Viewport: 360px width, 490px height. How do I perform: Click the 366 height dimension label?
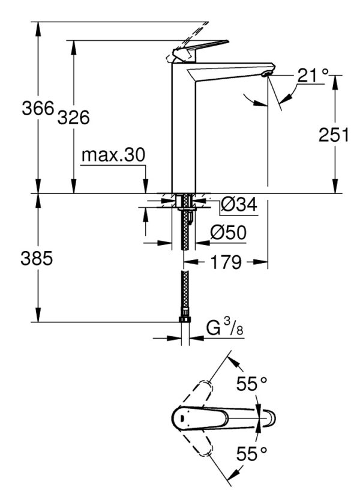click(x=37, y=109)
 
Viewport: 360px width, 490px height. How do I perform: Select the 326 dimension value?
click(x=73, y=118)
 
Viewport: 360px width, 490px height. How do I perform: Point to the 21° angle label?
click(x=313, y=76)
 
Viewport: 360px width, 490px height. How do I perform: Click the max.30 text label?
click(x=113, y=156)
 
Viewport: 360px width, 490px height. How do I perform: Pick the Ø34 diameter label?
click(x=239, y=205)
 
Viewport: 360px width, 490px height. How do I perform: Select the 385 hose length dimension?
click(x=37, y=259)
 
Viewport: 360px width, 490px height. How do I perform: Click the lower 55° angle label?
click(x=251, y=453)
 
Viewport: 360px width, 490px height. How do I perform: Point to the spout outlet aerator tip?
click(x=268, y=73)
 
